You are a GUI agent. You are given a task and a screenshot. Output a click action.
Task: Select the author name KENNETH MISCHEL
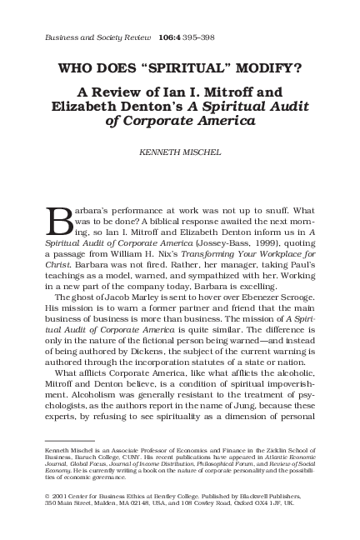[x=179, y=152]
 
